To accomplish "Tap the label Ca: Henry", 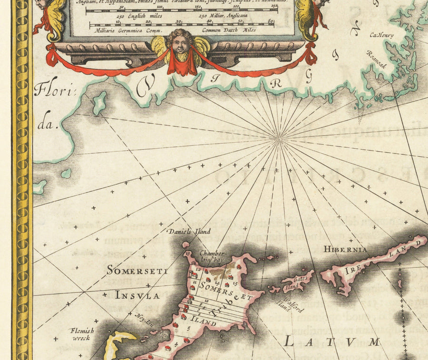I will point(383,35).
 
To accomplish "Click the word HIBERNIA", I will point(345,249).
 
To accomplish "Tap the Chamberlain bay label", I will point(212,257).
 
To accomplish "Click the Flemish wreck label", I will point(82,335).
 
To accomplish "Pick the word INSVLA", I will point(137,295).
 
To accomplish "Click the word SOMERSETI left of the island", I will point(137,271).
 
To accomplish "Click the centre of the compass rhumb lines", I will point(279,138).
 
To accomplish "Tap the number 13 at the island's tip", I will point(188,253).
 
